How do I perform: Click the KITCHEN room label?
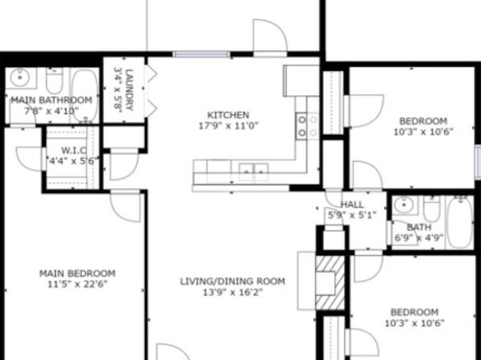(228, 115)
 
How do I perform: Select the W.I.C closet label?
(74, 150)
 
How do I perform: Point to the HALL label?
(352, 204)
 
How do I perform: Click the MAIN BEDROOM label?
(77, 273)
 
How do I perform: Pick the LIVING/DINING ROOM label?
(232, 281)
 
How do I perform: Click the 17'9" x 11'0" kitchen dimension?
(228, 126)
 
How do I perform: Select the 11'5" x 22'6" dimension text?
(77, 284)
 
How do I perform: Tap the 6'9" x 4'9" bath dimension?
(419, 238)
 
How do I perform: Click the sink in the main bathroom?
(20, 78)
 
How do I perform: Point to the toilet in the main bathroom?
(54, 81)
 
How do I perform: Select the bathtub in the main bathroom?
(85, 95)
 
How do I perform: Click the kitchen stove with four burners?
(307, 126)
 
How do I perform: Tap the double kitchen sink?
(253, 173)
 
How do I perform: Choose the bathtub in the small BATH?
(460, 222)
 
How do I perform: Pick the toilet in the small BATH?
(432, 208)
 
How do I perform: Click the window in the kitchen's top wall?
(202, 55)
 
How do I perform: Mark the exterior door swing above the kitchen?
(270, 36)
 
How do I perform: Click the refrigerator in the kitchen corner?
(302, 81)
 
